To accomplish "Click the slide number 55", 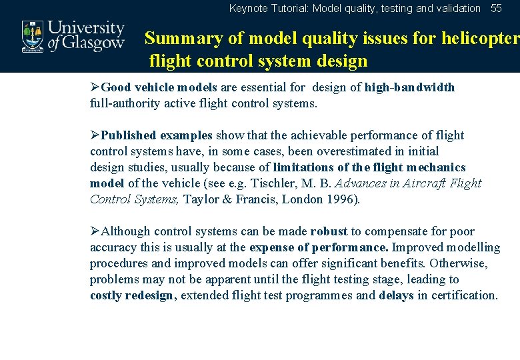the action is point(496,9).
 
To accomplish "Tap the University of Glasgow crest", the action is point(32,35).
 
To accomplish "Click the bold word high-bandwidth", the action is point(409,87).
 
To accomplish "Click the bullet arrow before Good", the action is point(95,87).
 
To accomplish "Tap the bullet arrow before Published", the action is point(95,135).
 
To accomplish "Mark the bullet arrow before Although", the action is point(95,231).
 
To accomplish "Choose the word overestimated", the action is point(339,151).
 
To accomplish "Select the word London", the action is point(305,199).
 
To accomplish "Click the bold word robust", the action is point(329,231).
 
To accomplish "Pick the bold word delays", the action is point(396,295).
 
